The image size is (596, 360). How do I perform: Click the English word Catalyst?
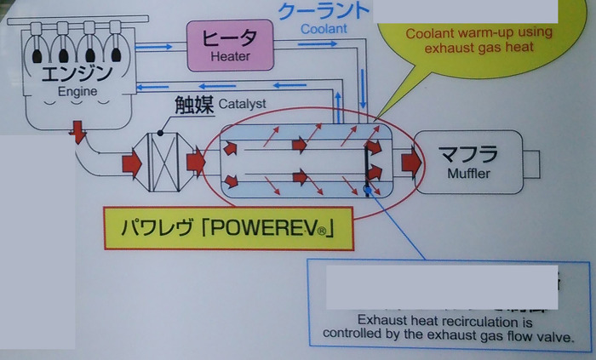(242, 105)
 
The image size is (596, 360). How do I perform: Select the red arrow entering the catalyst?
(132, 162)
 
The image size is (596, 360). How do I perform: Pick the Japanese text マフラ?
(469, 153)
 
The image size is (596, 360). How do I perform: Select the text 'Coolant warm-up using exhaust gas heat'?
(479, 40)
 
